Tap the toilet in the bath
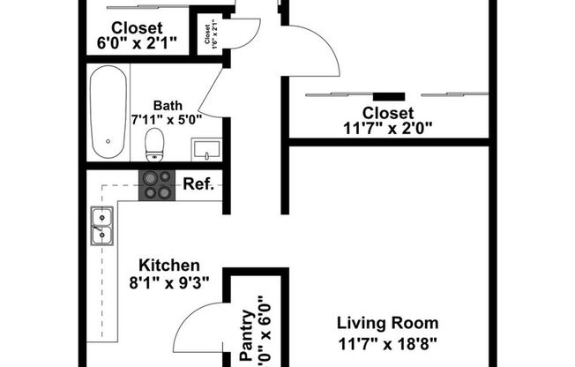[156, 145]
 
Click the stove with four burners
[158, 185]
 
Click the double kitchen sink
[100, 224]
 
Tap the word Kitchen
[170, 265]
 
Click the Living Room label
[388, 323]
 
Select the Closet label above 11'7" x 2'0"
[388, 112]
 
